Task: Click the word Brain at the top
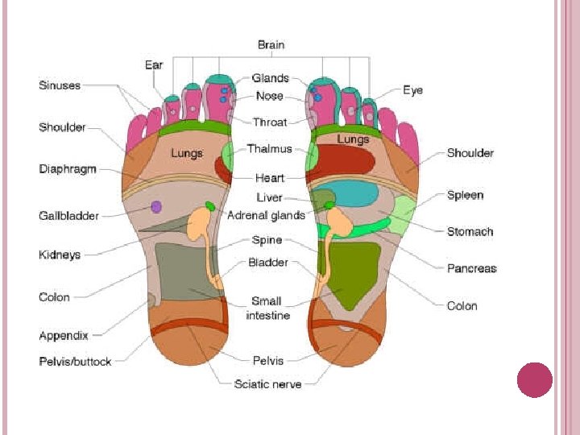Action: click(271, 45)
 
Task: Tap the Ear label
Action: click(154, 64)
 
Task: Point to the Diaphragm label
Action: click(68, 169)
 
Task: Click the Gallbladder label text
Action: click(69, 216)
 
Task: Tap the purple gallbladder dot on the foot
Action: click(156, 207)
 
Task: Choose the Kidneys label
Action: click(60, 255)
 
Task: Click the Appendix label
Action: click(64, 335)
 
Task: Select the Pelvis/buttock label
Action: click(75, 362)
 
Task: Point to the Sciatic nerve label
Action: click(267, 384)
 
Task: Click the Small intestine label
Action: click(267, 308)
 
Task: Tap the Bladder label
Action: click(267, 263)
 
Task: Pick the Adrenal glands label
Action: click(266, 215)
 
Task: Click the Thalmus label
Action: click(269, 149)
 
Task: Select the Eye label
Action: click(412, 91)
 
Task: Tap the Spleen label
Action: click(466, 195)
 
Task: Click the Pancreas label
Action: click(472, 268)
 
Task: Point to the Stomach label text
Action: click(470, 231)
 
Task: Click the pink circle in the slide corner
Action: click(534, 380)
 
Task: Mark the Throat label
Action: click(270, 122)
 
